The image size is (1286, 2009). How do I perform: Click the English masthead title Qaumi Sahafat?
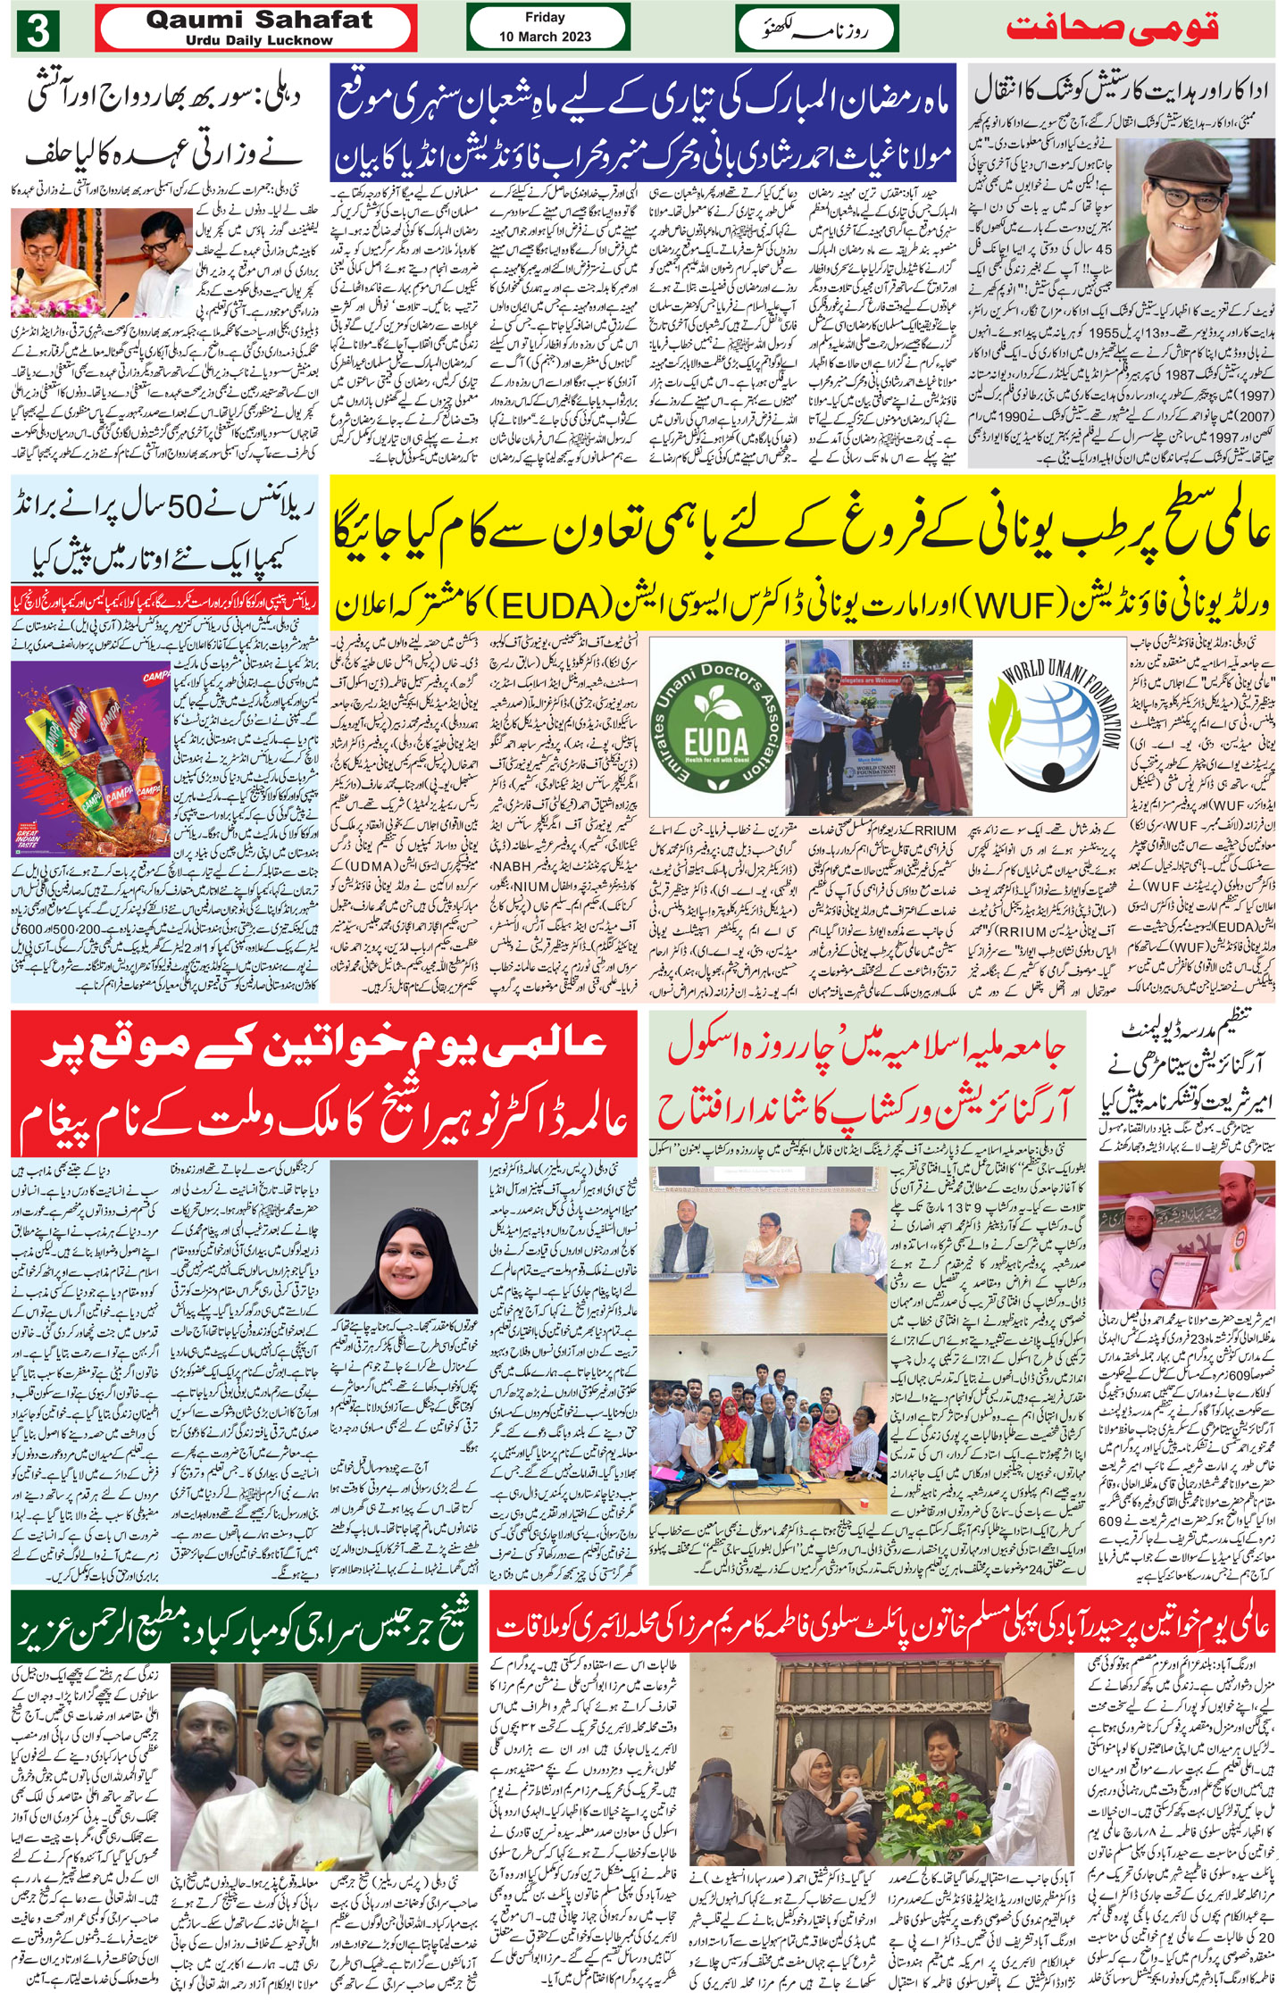tap(259, 21)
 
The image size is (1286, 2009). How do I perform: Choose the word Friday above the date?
tap(545, 17)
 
